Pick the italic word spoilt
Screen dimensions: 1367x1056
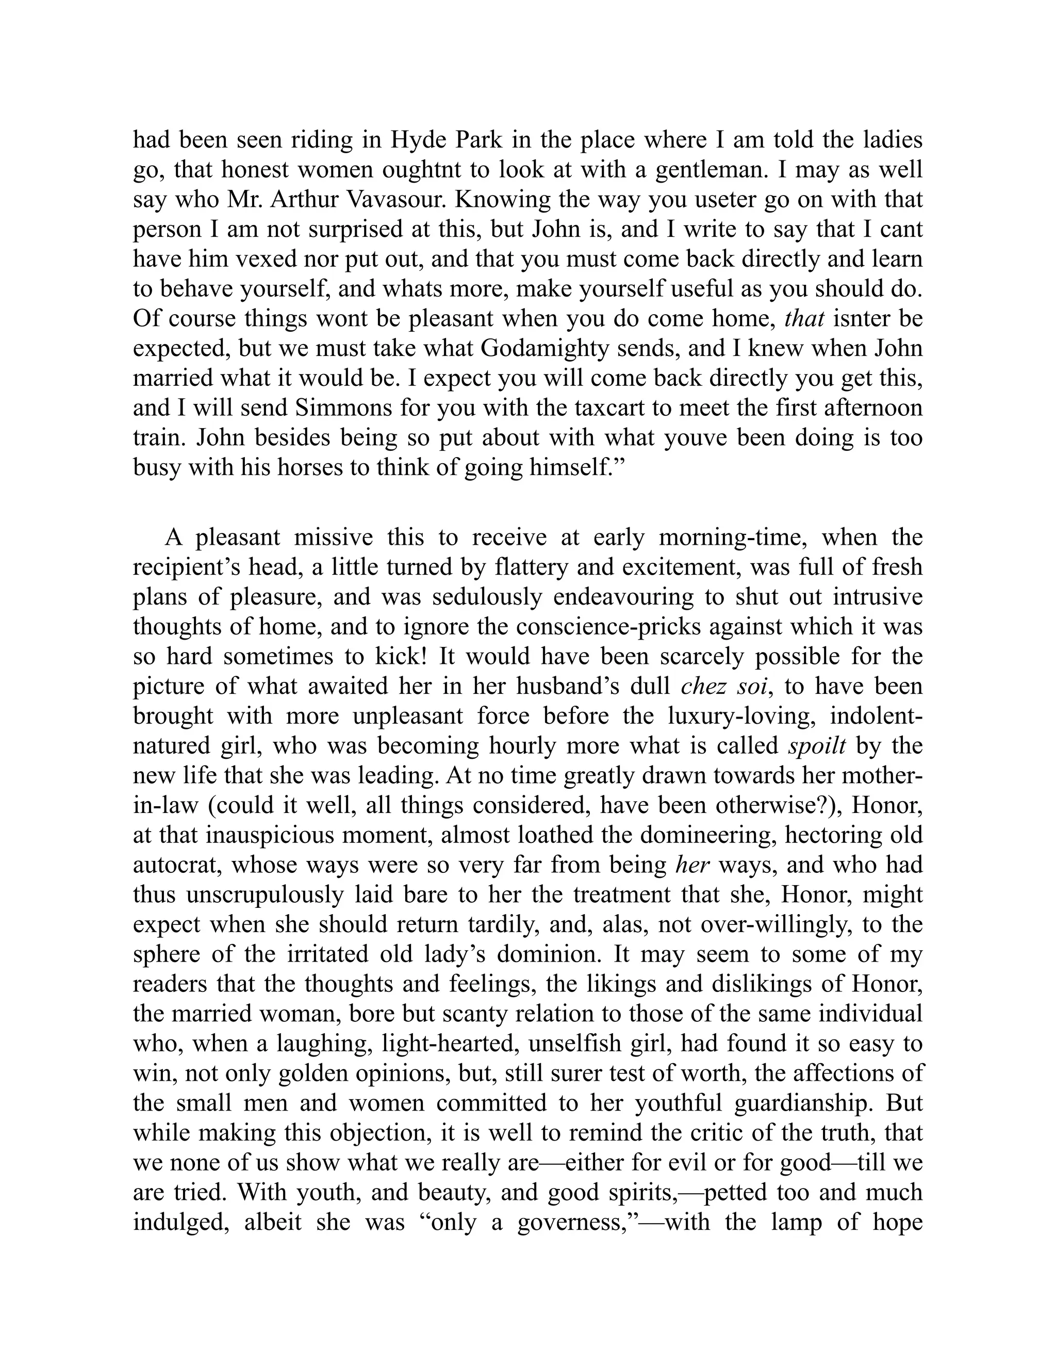[817, 745]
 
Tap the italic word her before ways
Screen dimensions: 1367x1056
[692, 865]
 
